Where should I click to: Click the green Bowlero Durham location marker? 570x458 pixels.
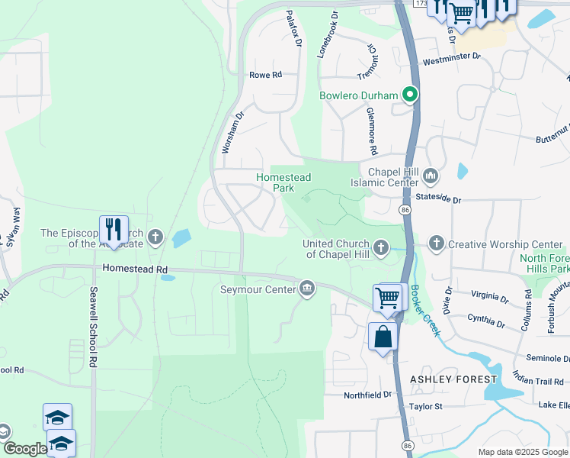click(x=411, y=95)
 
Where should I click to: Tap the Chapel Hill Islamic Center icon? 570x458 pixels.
click(x=430, y=177)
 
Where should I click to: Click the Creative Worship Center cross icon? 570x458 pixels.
click(x=436, y=244)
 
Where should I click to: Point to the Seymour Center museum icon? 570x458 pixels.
click(x=307, y=289)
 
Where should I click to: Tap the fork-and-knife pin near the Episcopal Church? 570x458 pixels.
click(x=114, y=231)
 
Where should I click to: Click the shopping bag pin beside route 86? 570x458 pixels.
click(x=383, y=337)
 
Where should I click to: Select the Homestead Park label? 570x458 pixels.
click(x=283, y=182)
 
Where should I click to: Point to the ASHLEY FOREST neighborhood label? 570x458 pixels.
click(x=453, y=379)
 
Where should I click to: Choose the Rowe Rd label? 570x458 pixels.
click(x=266, y=75)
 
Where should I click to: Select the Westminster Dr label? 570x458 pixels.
click(x=452, y=57)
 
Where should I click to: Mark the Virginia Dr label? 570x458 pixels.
click(x=489, y=296)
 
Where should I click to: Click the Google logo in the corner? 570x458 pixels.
click(x=25, y=449)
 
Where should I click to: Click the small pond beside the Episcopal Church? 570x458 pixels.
click(x=181, y=239)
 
